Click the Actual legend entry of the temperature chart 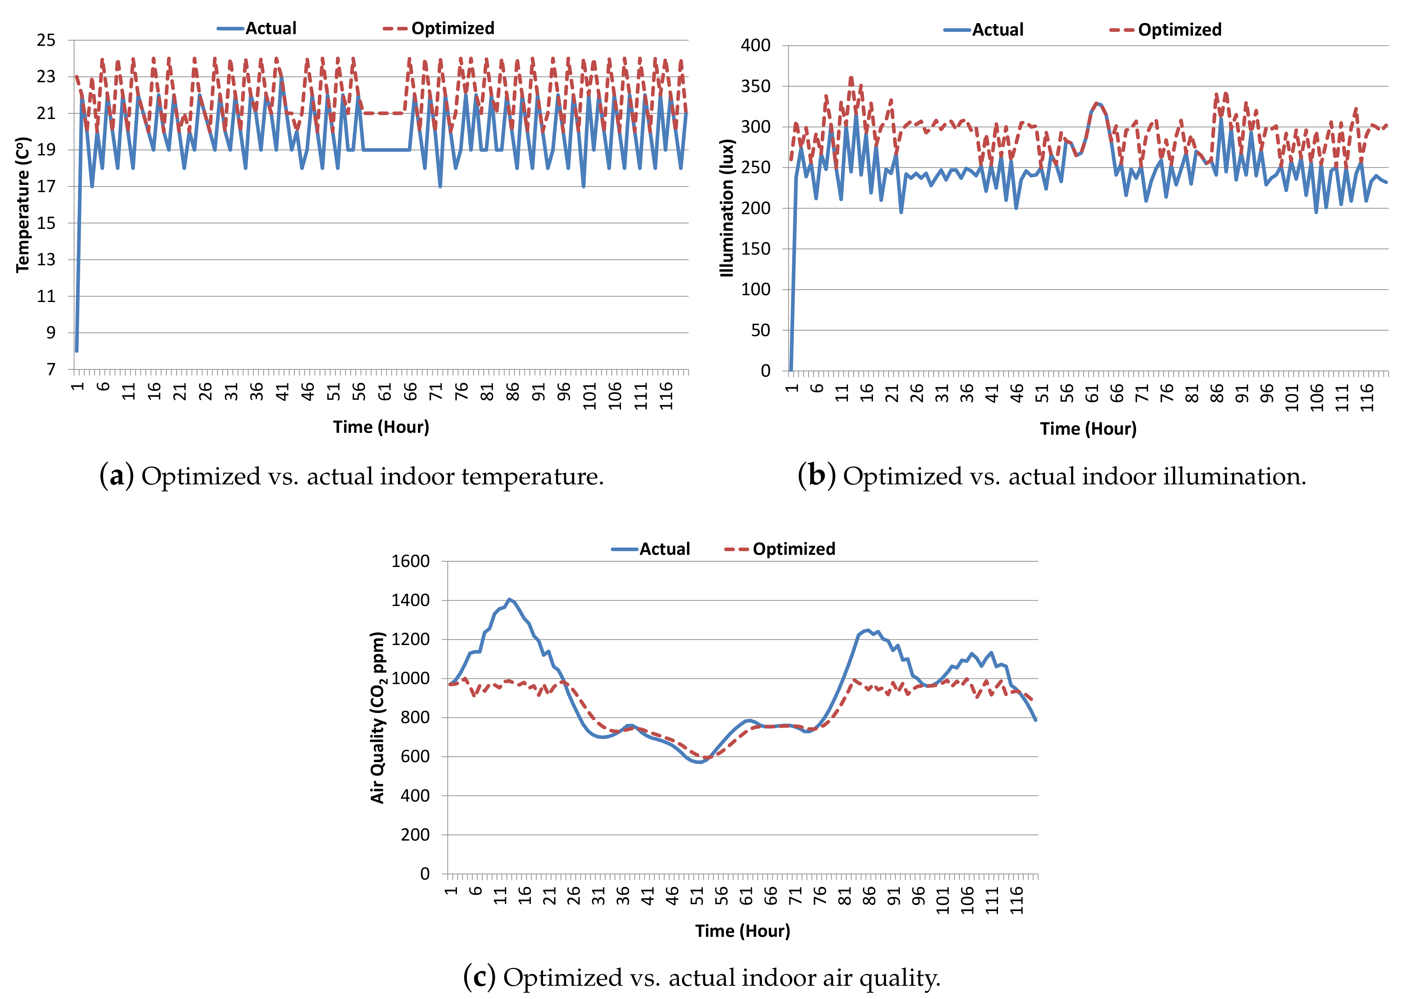pyautogui.click(x=258, y=28)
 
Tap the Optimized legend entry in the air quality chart pyautogui.click(x=781, y=549)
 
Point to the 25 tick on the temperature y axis pyautogui.click(x=46, y=41)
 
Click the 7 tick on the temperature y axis pyautogui.click(x=51, y=369)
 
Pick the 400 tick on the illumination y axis pyautogui.click(x=755, y=45)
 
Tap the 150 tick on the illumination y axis pyautogui.click(x=755, y=249)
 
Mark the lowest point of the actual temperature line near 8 pyautogui.click(x=76, y=351)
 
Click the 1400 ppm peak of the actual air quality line pyautogui.click(x=509, y=599)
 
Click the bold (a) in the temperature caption pyautogui.click(x=116, y=476)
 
